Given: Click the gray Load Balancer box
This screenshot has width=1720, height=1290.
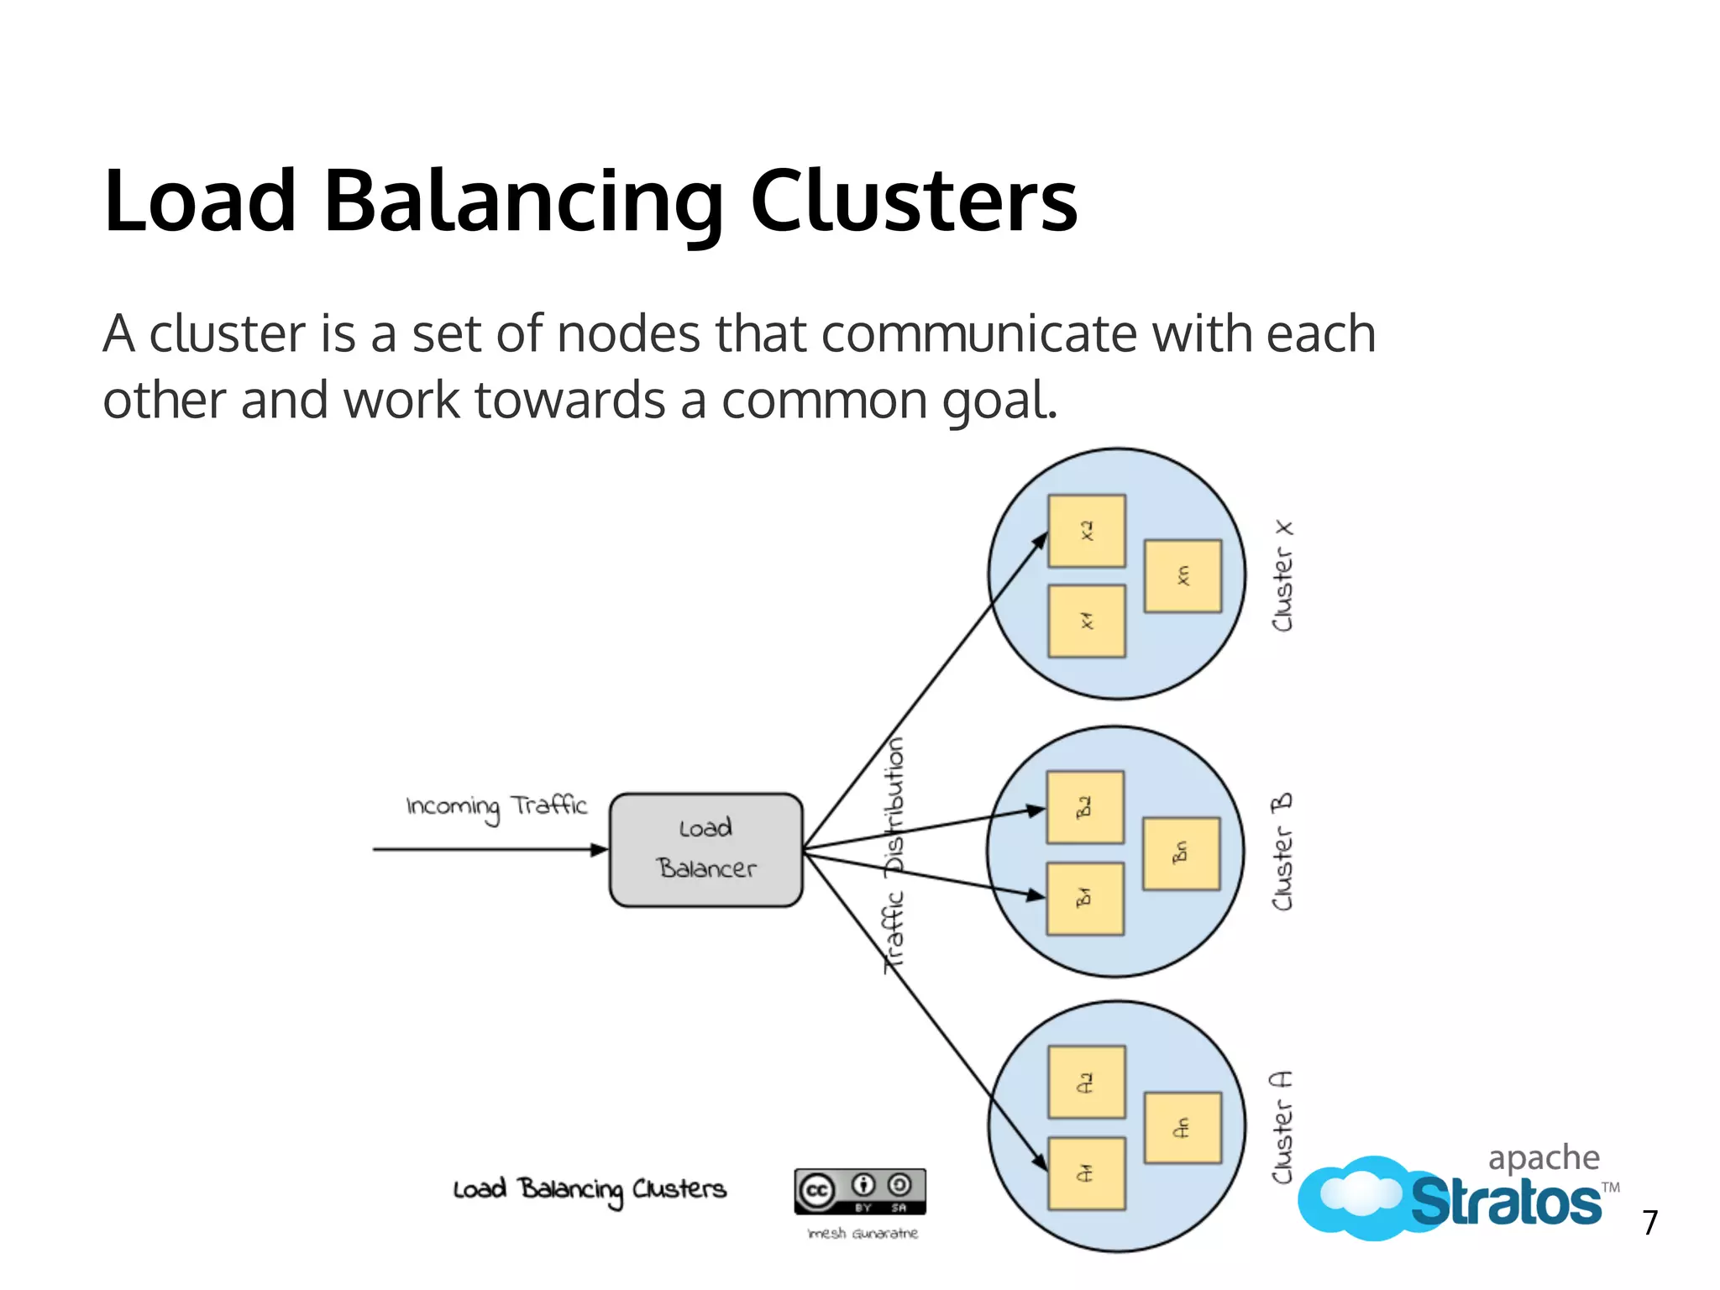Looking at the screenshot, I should click(x=706, y=849).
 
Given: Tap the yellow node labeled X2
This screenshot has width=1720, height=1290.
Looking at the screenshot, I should click(x=1087, y=531).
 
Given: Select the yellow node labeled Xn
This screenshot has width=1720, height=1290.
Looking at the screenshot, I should click(x=1182, y=576).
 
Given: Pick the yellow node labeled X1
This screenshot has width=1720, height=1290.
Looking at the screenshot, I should click(x=1087, y=621).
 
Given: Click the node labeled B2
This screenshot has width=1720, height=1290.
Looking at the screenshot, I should click(x=1085, y=807).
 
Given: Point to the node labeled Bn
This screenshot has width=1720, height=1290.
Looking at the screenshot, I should click(x=1181, y=853).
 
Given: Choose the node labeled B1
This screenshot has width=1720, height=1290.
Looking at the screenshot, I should click(x=1085, y=899).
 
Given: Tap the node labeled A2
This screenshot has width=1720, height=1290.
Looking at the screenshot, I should click(x=1087, y=1082).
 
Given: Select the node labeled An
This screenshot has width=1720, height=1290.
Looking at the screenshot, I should click(x=1182, y=1127).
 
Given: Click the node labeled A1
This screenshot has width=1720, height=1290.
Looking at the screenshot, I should click(x=1087, y=1173).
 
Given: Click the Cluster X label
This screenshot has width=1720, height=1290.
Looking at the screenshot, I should click(x=1282, y=576).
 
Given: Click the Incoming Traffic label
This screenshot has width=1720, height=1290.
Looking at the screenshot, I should click(x=496, y=807).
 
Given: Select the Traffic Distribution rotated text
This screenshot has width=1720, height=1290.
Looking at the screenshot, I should click(x=895, y=855).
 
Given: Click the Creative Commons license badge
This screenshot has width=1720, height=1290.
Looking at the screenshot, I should click(x=860, y=1191).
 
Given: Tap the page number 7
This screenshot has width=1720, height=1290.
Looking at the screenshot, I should click(x=1650, y=1223).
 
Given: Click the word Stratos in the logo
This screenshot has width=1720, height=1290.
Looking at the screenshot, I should click(x=1505, y=1202).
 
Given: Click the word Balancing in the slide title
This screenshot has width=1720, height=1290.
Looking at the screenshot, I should click(x=522, y=202).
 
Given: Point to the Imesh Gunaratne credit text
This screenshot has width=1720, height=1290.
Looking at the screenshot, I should click(x=863, y=1234).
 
